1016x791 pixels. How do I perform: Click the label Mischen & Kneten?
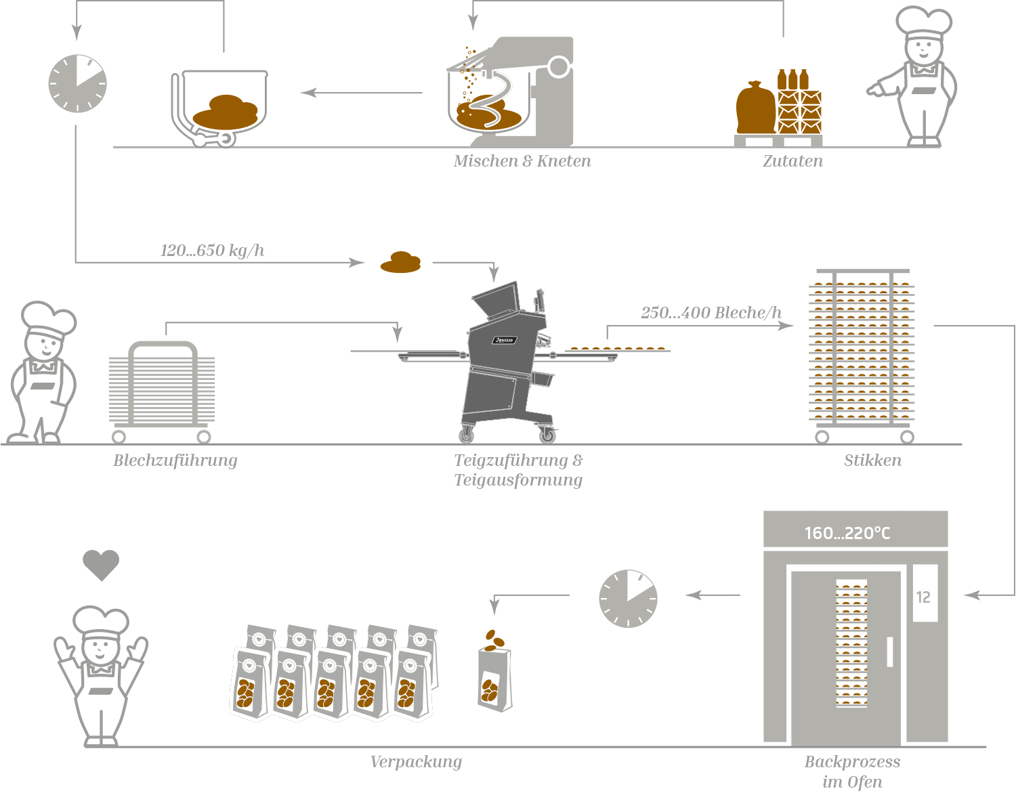point(522,161)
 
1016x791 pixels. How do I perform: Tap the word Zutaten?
point(792,161)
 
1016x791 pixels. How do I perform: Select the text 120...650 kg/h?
point(212,251)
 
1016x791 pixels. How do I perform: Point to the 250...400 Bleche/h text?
point(711,313)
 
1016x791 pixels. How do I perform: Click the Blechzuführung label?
point(175,461)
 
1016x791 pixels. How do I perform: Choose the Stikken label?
point(872,461)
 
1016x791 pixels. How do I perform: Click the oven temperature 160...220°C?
point(847,533)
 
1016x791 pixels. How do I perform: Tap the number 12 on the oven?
point(923,597)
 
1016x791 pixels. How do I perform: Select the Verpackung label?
point(416,762)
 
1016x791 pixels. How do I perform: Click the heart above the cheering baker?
point(101,565)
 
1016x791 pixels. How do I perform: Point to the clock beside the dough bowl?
point(78,84)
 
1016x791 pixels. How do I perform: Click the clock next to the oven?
point(628,599)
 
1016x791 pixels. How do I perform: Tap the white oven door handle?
point(889,651)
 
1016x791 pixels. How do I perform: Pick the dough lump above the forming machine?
point(400,263)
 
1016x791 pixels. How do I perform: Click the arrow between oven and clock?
point(713,595)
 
